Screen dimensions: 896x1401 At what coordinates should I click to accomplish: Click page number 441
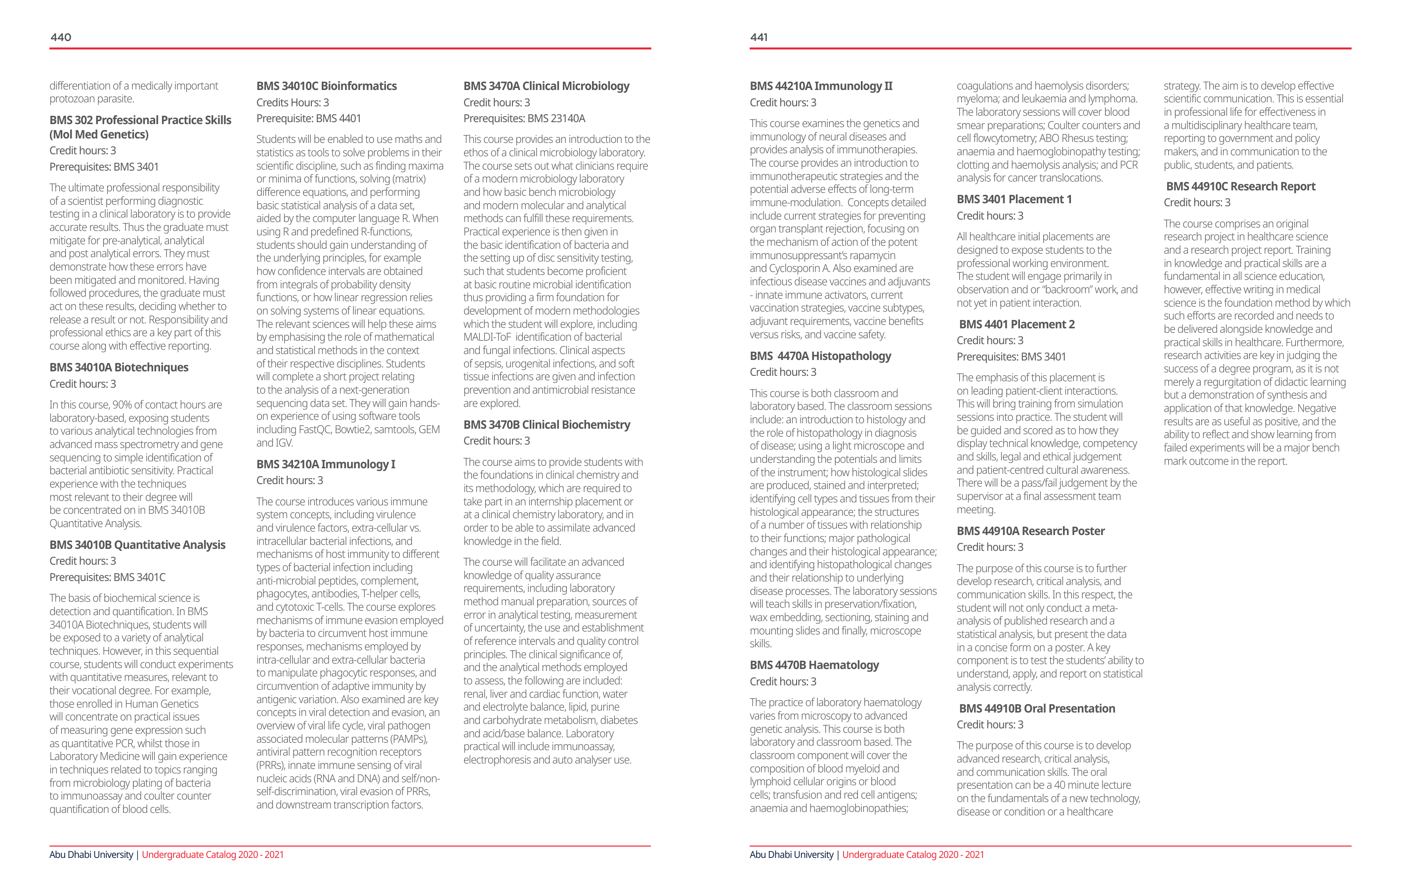tap(759, 37)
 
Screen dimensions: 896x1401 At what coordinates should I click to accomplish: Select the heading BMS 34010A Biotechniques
tap(119, 367)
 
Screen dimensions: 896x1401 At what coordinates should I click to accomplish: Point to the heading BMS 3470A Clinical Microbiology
tap(547, 86)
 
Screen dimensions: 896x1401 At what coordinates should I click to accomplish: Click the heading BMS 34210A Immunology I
tap(326, 464)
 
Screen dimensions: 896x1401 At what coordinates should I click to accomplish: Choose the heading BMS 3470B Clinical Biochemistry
tap(547, 424)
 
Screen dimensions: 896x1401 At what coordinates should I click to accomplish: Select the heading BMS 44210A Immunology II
tap(820, 86)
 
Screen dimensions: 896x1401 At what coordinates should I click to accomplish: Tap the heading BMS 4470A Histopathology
tap(820, 356)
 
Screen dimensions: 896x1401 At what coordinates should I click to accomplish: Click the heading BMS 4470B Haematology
tap(814, 665)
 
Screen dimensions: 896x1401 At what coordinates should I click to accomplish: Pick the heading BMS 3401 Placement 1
tap(1014, 199)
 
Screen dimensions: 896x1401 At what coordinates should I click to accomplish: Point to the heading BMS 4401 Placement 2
tap(1017, 324)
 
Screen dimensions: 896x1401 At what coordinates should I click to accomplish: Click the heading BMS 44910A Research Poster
tap(1030, 531)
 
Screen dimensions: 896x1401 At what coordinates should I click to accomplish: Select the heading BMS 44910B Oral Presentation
tap(1037, 709)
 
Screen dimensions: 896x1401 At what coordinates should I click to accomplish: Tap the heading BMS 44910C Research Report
tap(1240, 186)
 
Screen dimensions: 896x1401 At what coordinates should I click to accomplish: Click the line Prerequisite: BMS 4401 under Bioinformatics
tap(308, 118)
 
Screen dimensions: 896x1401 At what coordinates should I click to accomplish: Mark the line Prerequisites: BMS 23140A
tap(524, 118)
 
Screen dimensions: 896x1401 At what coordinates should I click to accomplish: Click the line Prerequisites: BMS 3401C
tap(107, 577)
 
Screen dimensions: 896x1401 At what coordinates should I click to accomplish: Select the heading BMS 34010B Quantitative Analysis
tap(137, 545)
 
